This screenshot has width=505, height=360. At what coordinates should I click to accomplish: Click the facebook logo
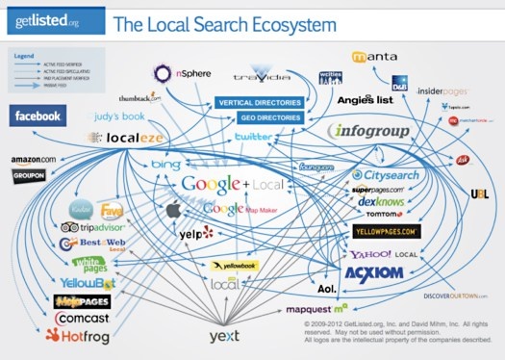click(38, 116)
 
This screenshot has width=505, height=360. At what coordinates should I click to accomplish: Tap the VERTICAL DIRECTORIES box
click(260, 102)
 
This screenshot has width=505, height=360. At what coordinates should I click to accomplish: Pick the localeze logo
click(116, 139)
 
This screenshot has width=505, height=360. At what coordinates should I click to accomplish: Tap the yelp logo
click(195, 233)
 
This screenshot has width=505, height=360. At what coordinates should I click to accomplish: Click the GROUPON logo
click(30, 176)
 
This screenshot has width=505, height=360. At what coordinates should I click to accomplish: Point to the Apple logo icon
click(174, 209)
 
